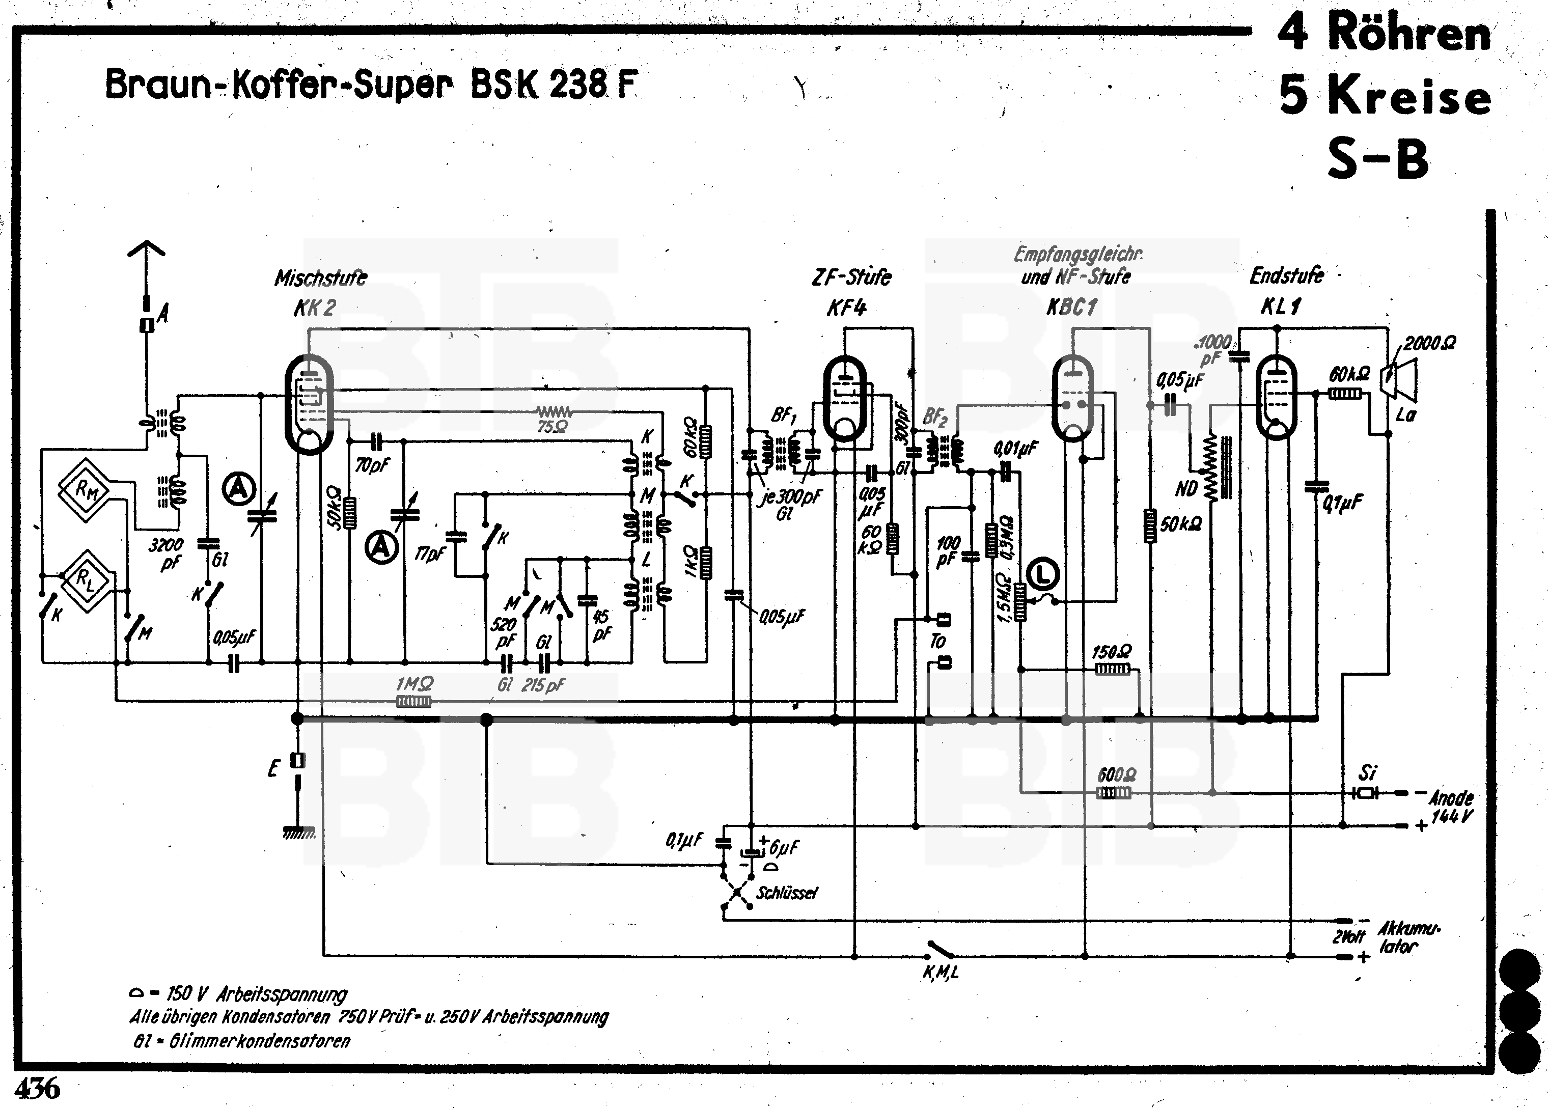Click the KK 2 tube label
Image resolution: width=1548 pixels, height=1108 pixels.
(315, 309)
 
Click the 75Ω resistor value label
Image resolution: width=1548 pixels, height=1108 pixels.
(552, 427)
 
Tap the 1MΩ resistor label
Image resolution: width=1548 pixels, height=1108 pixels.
(414, 684)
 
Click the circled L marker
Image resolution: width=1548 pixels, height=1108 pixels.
(1042, 574)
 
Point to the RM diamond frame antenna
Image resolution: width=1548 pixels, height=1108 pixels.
(85, 489)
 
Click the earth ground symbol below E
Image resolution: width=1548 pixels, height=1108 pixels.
(298, 833)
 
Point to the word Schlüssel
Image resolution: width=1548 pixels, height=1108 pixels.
(786, 893)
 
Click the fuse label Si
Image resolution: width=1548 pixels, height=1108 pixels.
(1367, 773)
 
